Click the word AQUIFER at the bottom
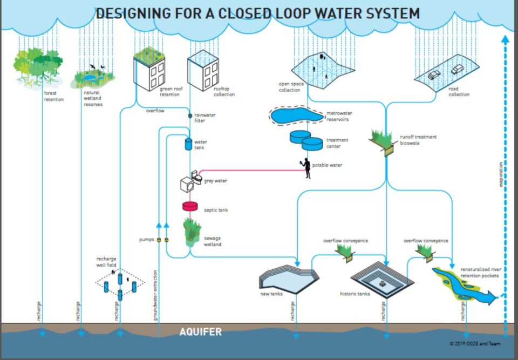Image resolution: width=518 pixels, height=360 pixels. (200, 332)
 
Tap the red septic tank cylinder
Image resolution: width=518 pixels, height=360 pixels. (190, 206)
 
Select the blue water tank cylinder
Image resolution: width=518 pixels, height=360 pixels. (188, 144)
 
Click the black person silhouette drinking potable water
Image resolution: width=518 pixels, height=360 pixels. (307, 168)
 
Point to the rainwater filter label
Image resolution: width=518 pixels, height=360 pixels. (203, 118)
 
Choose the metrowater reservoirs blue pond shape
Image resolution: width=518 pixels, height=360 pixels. (295, 116)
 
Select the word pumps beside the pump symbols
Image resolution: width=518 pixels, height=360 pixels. (146, 239)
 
